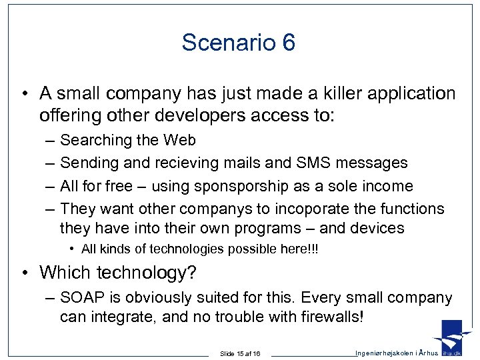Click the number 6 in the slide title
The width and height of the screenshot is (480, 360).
288,43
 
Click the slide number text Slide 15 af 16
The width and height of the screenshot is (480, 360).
240,353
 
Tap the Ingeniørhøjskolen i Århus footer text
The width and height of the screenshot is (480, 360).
397,353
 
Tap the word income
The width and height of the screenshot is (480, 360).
389,186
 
